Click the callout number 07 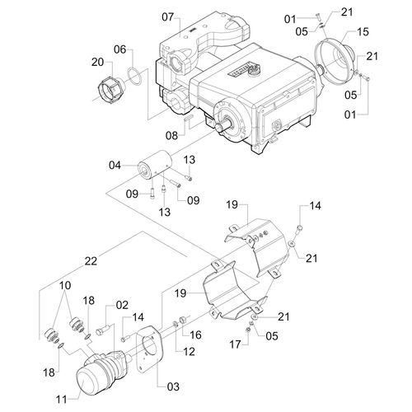coord(168,17)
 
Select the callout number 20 coord(97,62)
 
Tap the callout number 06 coord(120,49)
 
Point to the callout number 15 coord(363,32)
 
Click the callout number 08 coord(171,135)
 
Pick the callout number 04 coord(115,166)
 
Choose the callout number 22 coord(91,261)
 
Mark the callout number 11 coord(62,399)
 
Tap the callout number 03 coord(173,386)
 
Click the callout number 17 coord(235,344)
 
